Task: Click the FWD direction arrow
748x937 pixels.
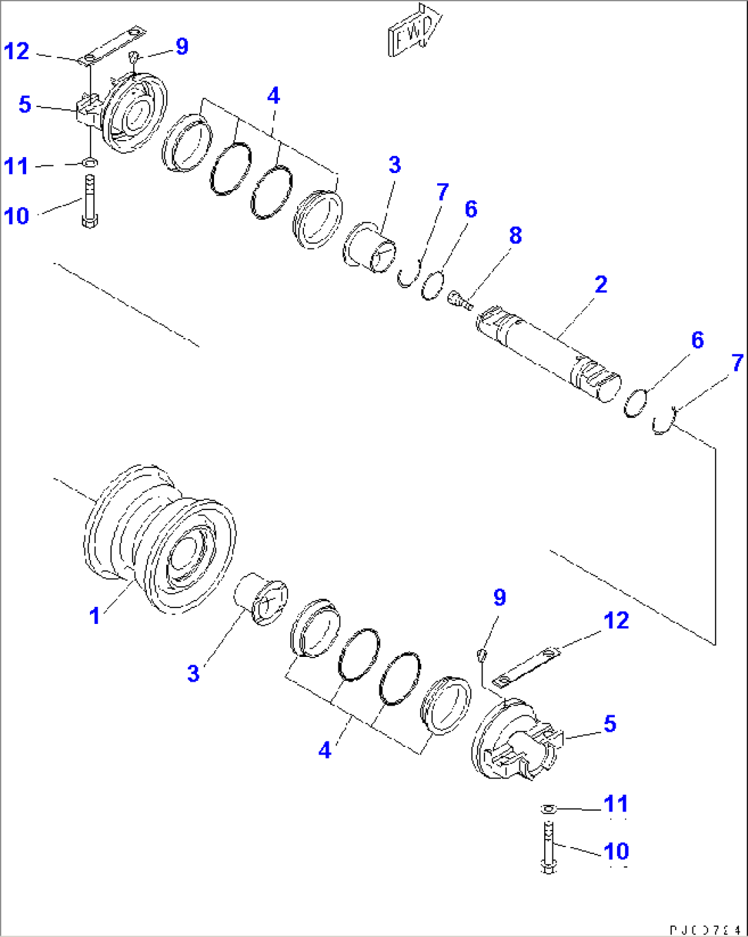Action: (x=414, y=32)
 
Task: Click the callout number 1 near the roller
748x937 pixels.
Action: (x=95, y=616)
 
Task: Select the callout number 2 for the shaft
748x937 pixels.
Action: (x=600, y=284)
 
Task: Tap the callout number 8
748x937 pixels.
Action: (x=515, y=235)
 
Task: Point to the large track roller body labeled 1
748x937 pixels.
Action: (x=161, y=539)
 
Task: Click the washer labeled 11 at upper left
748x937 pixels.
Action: (x=90, y=163)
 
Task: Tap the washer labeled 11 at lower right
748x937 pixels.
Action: (x=547, y=809)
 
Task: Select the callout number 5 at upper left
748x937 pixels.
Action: (x=25, y=105)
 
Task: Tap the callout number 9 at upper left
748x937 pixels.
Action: (x=182, y=46)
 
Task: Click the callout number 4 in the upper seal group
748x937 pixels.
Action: (x=273, y=95)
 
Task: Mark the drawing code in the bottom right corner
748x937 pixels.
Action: (x=705, y=928)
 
